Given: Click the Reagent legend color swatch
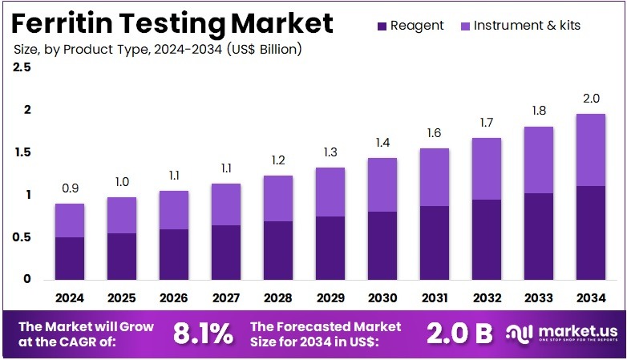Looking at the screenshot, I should (382, 26).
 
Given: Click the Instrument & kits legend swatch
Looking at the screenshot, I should (463, 26).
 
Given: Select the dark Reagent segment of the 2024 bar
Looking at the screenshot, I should (70, 258).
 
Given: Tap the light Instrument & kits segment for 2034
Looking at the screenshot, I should (591, 150).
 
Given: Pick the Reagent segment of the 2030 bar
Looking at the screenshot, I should (382, 245).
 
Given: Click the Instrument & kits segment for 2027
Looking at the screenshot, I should (226, 204).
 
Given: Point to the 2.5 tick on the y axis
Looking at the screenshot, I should (22, 67).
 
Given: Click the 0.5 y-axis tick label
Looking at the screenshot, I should (22, 237).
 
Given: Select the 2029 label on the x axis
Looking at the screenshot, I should (330, 297).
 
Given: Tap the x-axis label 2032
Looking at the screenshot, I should (487, 297).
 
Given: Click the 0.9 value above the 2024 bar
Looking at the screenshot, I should (70, 188).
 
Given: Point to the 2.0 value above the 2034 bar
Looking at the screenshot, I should (591, 98).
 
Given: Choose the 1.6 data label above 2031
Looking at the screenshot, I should (435, 133).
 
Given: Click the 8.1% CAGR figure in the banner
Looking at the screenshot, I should (204, 334).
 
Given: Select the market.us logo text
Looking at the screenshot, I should (570, 330).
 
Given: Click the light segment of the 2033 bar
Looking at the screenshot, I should (539, 160).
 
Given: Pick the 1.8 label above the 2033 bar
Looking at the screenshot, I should (539, 111).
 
